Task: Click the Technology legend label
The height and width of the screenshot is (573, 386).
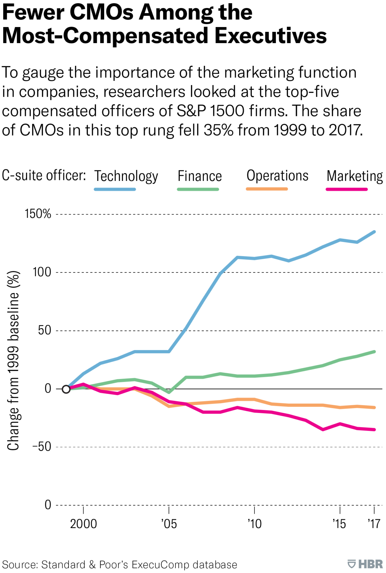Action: point(126,176)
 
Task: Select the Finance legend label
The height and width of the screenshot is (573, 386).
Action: point(200,176)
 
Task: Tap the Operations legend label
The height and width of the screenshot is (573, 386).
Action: point(277,176)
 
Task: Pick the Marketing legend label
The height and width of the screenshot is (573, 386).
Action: point(355,176)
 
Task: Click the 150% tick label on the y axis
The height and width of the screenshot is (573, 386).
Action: point(38,214)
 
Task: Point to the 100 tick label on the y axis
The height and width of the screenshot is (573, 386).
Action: point(42,272)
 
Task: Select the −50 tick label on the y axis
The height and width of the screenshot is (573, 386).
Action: point(41,447)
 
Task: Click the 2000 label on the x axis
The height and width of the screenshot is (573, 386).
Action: point(83,524)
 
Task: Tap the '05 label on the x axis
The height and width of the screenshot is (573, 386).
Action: point(169,524)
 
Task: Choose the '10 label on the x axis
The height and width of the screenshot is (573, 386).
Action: point(254,524)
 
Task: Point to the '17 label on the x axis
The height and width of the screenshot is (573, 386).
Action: point(374,524)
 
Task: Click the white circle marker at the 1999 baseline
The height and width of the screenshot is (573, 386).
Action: point(66,389)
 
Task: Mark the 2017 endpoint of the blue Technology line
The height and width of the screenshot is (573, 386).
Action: point(374,231)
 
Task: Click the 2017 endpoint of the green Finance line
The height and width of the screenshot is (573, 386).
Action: point(374,352)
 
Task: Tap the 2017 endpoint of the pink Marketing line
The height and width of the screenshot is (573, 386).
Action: point(374,430)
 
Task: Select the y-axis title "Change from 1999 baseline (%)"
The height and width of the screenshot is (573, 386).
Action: point(14,361)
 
